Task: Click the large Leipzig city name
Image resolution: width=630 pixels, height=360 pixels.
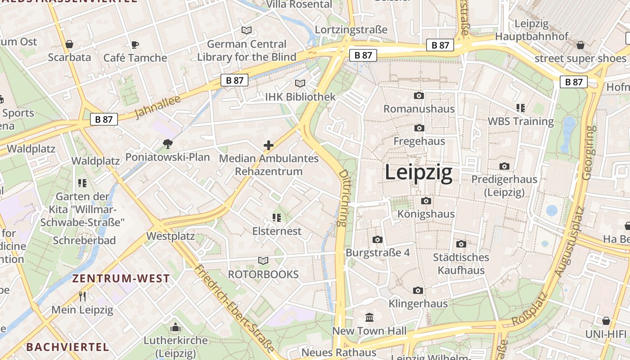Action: point(418,173)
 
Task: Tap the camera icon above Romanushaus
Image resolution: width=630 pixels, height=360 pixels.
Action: point(418,95)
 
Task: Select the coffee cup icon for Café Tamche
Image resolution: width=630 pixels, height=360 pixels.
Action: point(135,44)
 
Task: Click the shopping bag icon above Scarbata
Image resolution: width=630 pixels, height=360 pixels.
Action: point(69,44)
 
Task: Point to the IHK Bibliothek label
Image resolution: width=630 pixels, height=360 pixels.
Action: point(300,97)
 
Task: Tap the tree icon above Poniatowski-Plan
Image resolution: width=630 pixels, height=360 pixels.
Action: point(168,144)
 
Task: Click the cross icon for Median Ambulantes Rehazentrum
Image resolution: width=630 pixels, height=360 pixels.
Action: point(269,145)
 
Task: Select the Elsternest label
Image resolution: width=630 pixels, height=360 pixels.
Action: point(277,231)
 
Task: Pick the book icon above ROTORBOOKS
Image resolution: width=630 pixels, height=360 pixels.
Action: point(263,261)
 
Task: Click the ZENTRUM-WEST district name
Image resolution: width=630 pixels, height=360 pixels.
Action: point(121,279)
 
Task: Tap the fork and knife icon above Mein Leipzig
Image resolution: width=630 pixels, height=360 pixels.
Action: point(82,296)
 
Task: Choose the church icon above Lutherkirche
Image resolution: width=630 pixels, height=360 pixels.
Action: point(175,327)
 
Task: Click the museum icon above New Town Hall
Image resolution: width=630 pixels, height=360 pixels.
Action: point(369,317)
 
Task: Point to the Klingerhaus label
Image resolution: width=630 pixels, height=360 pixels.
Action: point(418,303)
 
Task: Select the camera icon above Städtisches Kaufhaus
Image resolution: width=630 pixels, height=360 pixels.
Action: point(461,244)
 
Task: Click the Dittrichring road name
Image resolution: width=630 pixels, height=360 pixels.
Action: point(343,198)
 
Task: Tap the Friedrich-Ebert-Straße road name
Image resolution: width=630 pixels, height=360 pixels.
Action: point(234,309)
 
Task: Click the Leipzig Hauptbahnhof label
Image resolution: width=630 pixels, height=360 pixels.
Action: point(532,30)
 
